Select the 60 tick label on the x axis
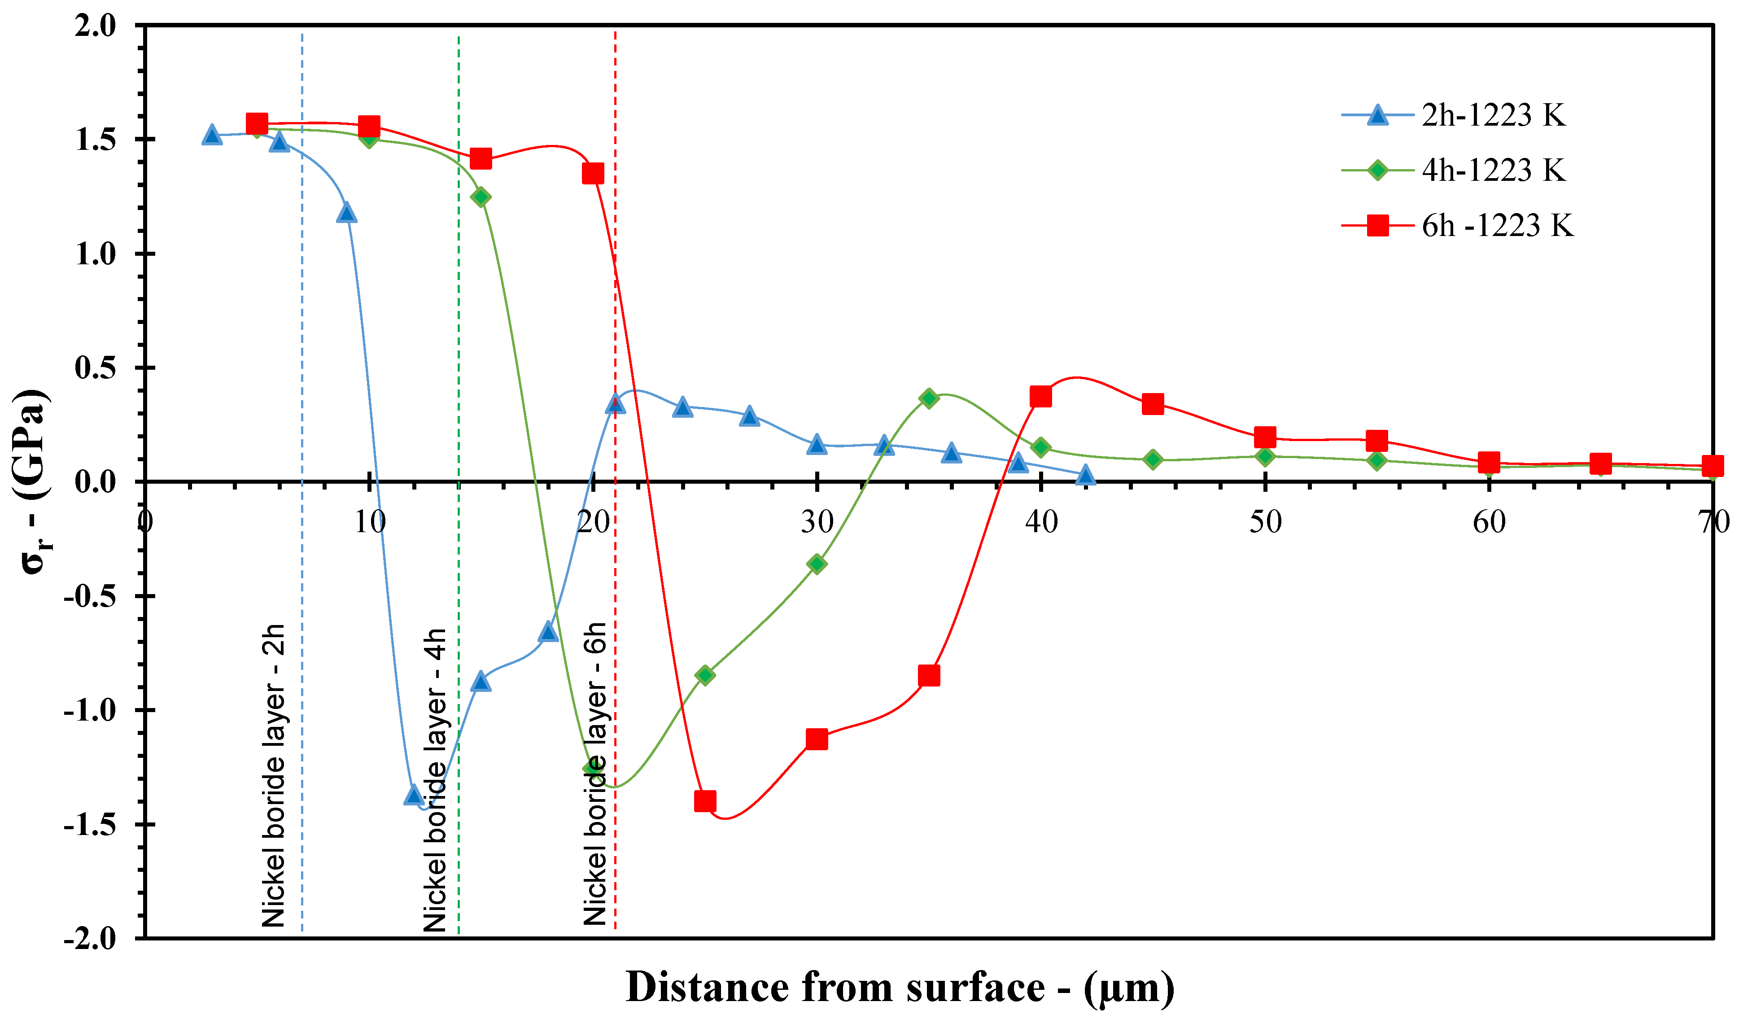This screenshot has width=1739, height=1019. (x=1489, y=522)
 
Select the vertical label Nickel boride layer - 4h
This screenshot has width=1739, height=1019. (x=435, y=779)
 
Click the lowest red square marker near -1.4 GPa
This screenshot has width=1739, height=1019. (x=704, y=801)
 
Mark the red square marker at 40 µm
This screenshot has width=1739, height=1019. (x=1040, y=397)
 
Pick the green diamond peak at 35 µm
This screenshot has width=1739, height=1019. (x=929, y=398)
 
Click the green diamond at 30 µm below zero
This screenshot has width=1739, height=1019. (x=817, y=564)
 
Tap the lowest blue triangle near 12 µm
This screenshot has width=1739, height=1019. (x=414, y=796)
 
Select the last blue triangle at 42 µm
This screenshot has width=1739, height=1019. (x=1085, y=475)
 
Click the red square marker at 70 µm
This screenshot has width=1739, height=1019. (x=1712, y=466)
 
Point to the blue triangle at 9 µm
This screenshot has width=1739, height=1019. (x=347, y=213)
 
